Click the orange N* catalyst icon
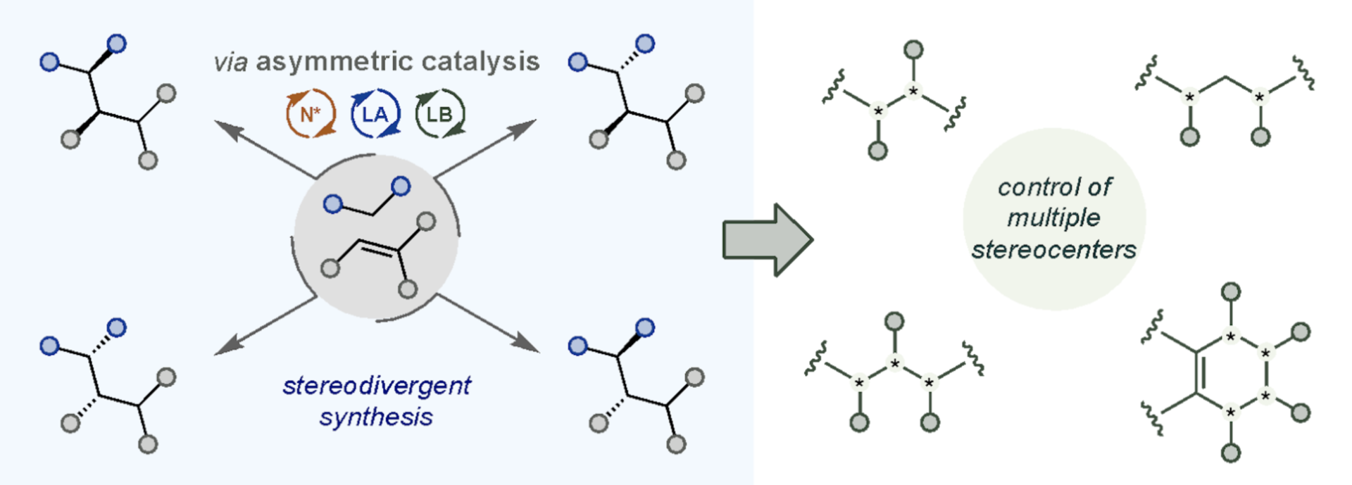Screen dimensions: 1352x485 (x=311, y=113)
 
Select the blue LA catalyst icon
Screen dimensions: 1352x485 (x=375, y=113)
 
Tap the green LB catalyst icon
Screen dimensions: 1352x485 (x=439, y=113)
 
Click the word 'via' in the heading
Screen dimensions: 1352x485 (x=230, y=63)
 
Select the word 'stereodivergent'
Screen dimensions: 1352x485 (x=377, y=386)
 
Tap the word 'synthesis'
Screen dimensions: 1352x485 (x=376, y=417)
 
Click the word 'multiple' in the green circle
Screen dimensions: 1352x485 (x=1053, y=218)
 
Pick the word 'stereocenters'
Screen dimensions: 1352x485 (x=1054, y=250)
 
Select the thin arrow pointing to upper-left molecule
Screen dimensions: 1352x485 (x=264, y=149)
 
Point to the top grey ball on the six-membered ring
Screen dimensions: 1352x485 (x=1231, y=291)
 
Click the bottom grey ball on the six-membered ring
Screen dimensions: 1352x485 (x=1231, y=453)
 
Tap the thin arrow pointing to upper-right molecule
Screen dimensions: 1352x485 (x=486, y=148)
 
